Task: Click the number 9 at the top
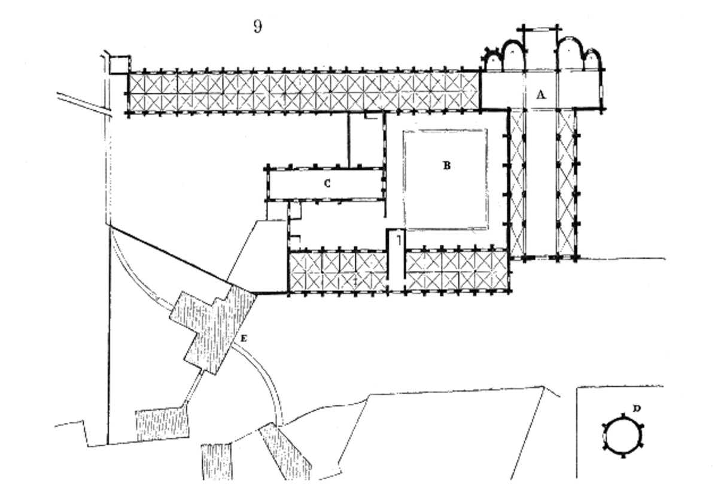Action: (x=258, y=26)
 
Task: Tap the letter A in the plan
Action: (x=541, y=95)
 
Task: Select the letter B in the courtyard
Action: (x=447, y=165)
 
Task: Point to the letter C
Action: (x=327, y=183)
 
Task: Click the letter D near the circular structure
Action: (x=637, y=409)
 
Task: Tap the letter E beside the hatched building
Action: (x=244, y=338)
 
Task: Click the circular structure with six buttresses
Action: (x=623, y=436)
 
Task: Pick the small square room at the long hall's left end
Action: (x=120, y=65)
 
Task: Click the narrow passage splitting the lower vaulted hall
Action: (x=397, y=261)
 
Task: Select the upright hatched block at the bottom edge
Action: (x=217, y=462)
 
